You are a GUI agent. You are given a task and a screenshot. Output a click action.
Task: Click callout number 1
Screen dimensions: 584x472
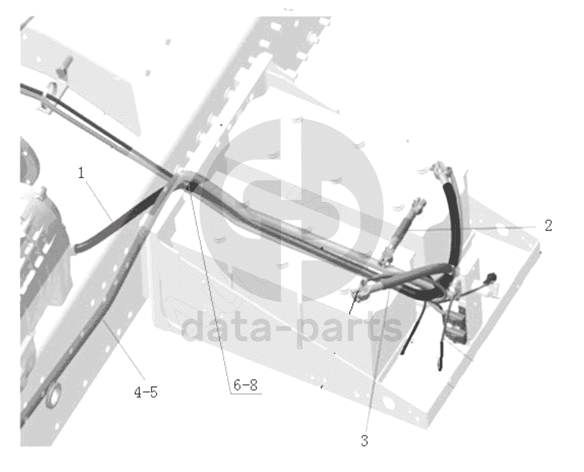[81, 173]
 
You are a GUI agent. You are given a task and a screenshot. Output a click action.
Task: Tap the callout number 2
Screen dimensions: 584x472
[548, 226]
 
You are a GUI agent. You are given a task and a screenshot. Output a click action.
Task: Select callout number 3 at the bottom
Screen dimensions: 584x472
[364, 440]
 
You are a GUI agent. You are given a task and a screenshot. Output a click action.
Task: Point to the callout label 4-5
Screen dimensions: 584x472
[146, 392]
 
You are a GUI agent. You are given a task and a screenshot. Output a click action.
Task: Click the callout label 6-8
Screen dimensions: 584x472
[245, 385]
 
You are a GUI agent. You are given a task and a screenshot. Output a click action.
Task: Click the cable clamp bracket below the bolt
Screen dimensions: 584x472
[48, 99]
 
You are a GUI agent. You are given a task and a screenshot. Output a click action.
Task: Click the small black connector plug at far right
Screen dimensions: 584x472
[493, 277]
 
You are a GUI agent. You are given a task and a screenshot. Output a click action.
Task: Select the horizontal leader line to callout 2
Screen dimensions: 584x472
[472, 228]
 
